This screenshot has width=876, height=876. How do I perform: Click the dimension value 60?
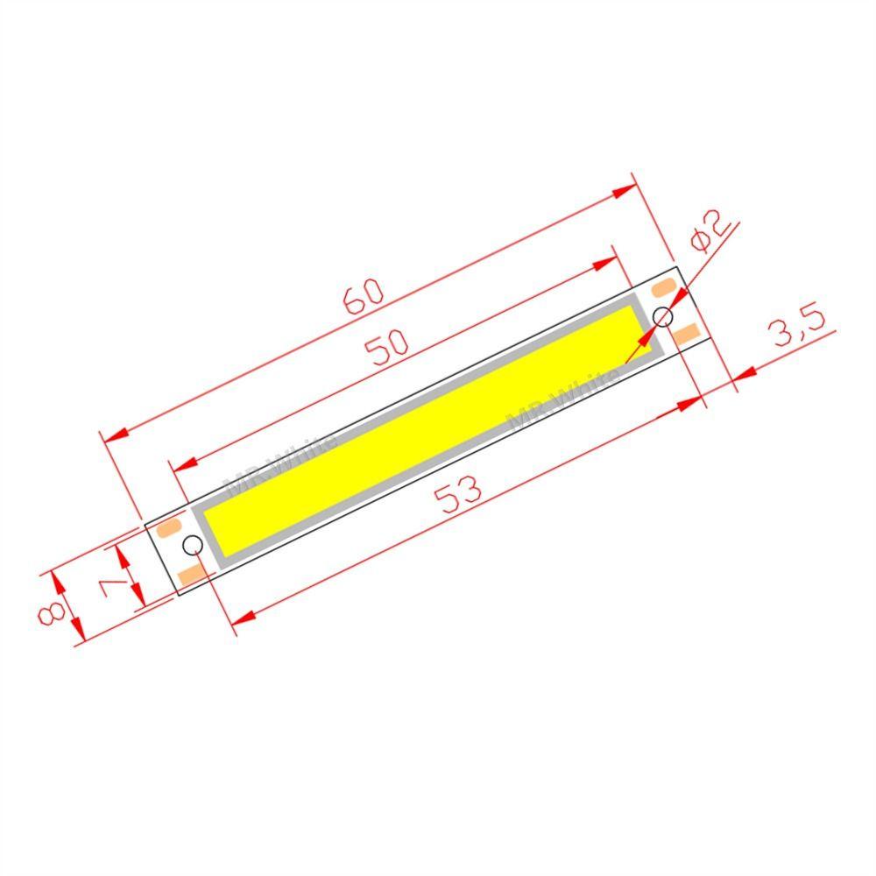[364, 296]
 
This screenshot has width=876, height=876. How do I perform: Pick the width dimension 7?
[112, 579]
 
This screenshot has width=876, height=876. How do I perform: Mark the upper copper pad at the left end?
[167, 528]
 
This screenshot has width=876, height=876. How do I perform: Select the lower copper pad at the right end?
[688, 333]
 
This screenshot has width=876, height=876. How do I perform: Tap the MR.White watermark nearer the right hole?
[565, 399]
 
